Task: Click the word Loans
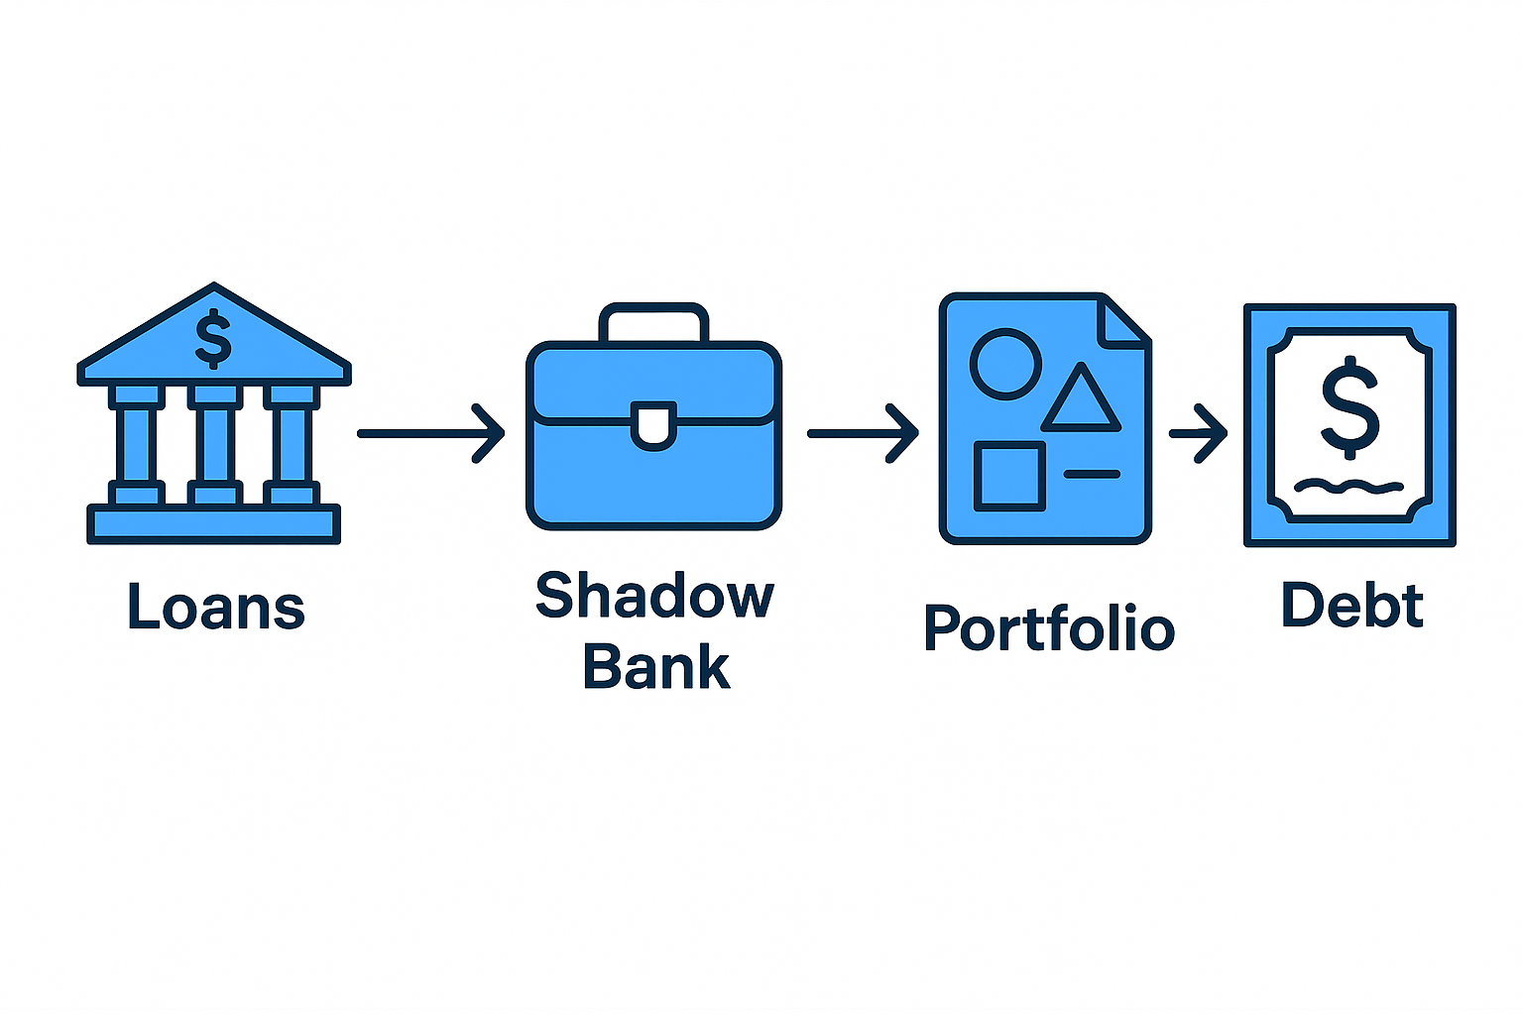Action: click(216, 607)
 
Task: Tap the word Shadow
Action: click(654, 596)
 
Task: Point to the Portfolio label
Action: click(1049, 627)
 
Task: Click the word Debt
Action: click(1352, 605)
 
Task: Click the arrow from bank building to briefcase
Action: click(430, 433)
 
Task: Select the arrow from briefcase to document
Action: click(862, 433)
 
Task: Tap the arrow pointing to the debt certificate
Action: click(1198, 433)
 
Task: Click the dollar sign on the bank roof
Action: click(213, 339)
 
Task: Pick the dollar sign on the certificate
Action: click(1349, 407)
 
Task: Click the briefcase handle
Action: click(654, 319)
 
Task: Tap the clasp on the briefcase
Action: click(654, 426)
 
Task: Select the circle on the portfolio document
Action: click(1005, 364)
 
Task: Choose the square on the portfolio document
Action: click(1009, 477)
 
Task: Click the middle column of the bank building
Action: click(214, 443)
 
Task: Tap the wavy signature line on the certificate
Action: click(1349, 487)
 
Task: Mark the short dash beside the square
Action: click(1092, 474)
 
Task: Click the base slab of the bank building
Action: click(214, 523)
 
